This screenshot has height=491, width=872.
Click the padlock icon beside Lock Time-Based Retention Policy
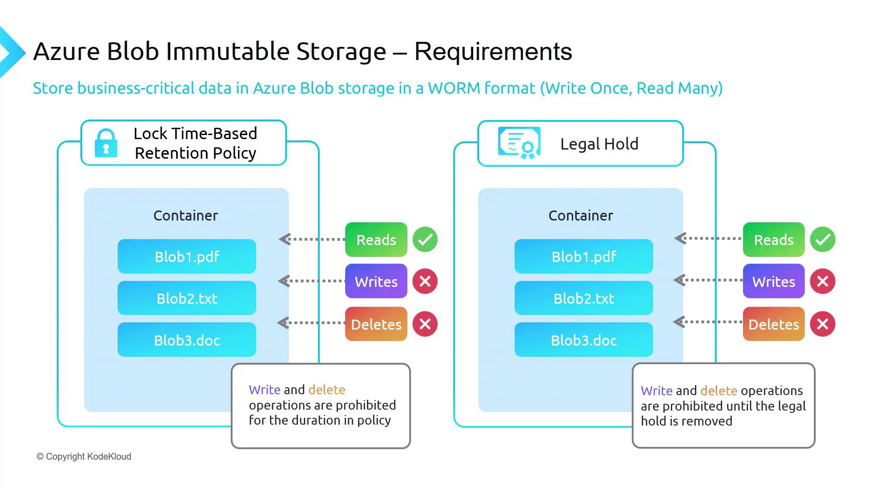tap(106, 143)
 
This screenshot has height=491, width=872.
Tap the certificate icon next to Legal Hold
tap(519, 143)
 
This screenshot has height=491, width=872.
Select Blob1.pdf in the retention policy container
tap(187, 256)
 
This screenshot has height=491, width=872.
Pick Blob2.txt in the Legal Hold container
tap(584, 298)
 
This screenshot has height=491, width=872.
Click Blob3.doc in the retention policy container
tap(187, 340)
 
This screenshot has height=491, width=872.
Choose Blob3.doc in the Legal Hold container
tap(584, 340)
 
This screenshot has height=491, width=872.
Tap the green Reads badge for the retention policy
tap(376, 240)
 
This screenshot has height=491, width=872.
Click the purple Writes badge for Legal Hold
tap(773, 281)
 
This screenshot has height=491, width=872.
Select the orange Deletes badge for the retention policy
tap(376, 324)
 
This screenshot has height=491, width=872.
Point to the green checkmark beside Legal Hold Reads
tap(822, 240)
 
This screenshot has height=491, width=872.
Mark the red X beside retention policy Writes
tap(425, 281)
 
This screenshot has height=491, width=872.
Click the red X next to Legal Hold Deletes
tap(822, 324)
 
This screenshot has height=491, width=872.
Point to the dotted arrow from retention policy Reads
tap(312, 239)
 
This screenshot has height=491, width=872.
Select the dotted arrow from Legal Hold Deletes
tap(708, 322)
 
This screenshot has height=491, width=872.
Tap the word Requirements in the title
tap(493, 51)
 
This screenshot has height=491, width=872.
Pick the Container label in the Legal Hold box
tap(580, 215)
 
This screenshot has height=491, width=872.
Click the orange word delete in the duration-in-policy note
tap(327, 390)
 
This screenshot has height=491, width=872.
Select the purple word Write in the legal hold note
tap(656, 391)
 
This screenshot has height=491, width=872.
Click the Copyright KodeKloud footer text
tap(84, 456)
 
